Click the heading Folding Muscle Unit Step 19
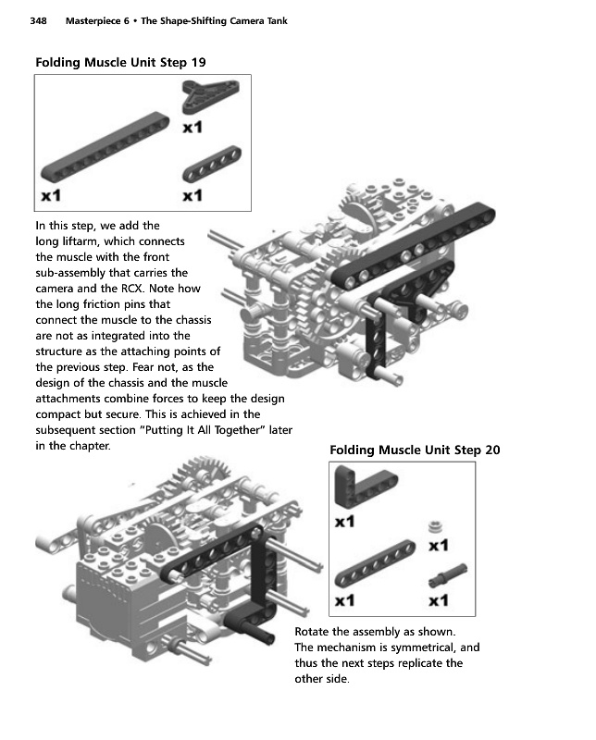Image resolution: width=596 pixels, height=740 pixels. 120,62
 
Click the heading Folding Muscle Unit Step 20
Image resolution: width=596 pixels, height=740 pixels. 415,450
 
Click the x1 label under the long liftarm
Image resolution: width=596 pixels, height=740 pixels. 51,195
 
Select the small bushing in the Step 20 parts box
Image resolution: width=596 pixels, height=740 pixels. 433,527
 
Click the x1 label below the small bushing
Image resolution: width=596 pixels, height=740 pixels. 440,546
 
